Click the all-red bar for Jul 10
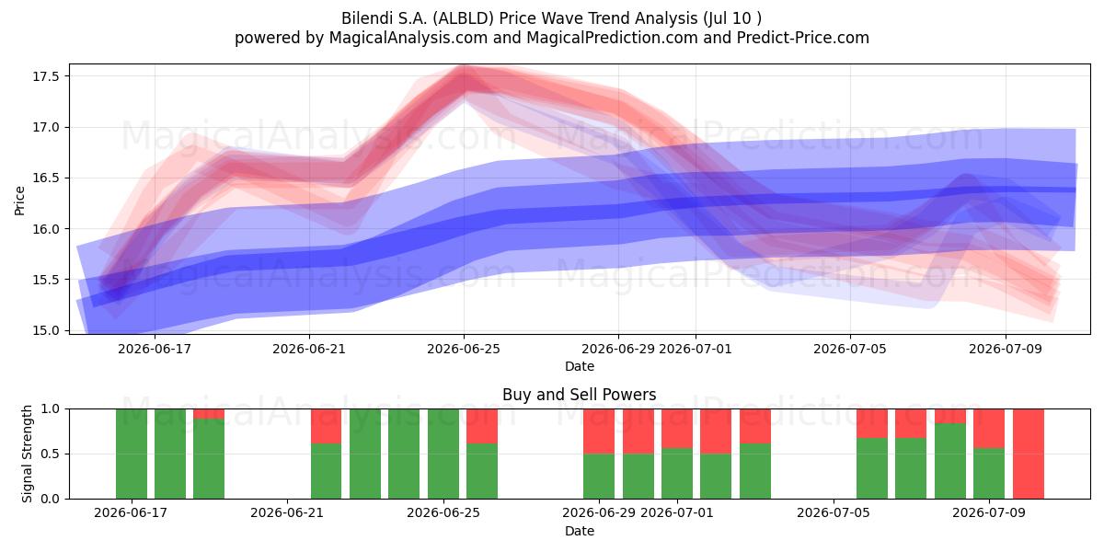[x=1029, y=454]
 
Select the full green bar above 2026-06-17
[x=131, y=454]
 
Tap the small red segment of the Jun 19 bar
[x=209, y=414]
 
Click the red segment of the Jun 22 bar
[x=326, y=426]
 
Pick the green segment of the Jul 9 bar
[x=989, y=473]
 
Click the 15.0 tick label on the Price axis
[x=46, y=330]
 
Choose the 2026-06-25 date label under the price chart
[x=464, y=349]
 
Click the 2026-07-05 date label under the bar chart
[x=834, y=512]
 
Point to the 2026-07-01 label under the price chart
[x=695, y=349]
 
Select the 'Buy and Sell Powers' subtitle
[x=579, y=395]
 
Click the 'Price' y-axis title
[x=19, y=201]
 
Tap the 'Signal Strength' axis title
[x=27, y=454]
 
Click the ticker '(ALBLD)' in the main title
[x=464, y=18]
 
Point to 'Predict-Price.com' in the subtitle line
[x=803, y=38]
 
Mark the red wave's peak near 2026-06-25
[x=464, y=74]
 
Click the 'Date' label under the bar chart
[x=579, y=531]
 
